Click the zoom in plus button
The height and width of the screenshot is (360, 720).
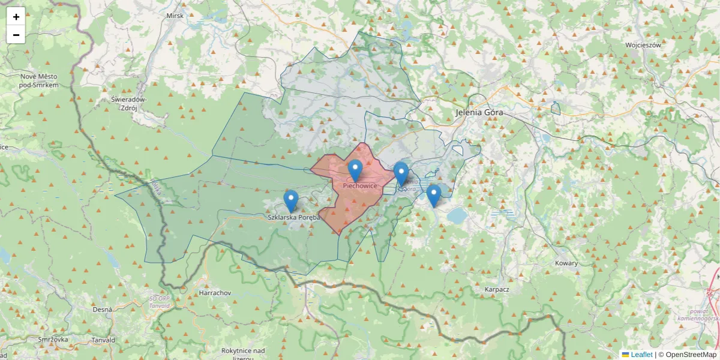pyautogui.click(x=16, y=17)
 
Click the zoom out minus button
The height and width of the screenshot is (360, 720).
pyautogui.click(x=16, y=35)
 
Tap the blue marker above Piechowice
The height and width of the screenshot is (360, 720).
pyautogui.click(x=355, y=170)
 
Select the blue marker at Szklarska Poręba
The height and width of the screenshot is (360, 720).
pyautogui.click(x=291, y=200)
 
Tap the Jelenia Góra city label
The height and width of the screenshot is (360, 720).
pyautogui.click(x=479, y=112)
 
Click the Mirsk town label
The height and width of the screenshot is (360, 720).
pyautogui.click(x=175, y=16)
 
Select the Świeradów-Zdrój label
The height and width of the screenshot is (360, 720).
pyautogui.click(x=129, y=104)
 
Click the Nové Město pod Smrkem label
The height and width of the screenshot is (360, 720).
pyautogui.click(x=40, y=81)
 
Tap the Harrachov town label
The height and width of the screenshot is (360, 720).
pyautogui.click(x=214, y=293)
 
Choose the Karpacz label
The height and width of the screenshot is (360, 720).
pyautogui.click(x=496, y=289)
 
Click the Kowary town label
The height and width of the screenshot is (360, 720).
pyautogui.click(x=566, y=263)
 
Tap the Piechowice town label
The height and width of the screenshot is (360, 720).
pyautogui.click(x=360, y=186)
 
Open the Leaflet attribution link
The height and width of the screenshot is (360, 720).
pyautogui.click(x=641, y=355)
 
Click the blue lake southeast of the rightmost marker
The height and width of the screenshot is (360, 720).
pyautogui.click(x=457, y=214)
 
